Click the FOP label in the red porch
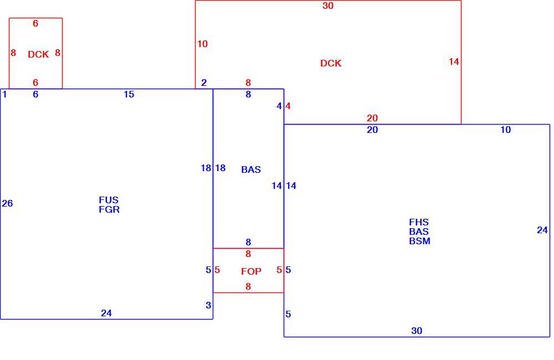(251, 271)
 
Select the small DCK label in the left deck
(38, 54)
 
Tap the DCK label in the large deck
(331, 63)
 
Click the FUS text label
(109, 200)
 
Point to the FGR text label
(109, 209)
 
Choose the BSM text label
(420, 241)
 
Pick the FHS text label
(419, 222)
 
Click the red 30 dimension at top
(328, 6)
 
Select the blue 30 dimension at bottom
(417, 331)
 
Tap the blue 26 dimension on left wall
(7, 203)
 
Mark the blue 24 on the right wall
(542, 230)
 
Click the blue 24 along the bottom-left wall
(106, 313)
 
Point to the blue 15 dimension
(129, 94)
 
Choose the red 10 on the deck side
(202, 44)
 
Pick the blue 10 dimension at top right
(506, 130)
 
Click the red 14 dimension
(454, 62)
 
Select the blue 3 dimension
(208, 305)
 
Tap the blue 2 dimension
(204, 83)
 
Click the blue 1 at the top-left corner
(4, 94)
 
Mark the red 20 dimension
(372, 118)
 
